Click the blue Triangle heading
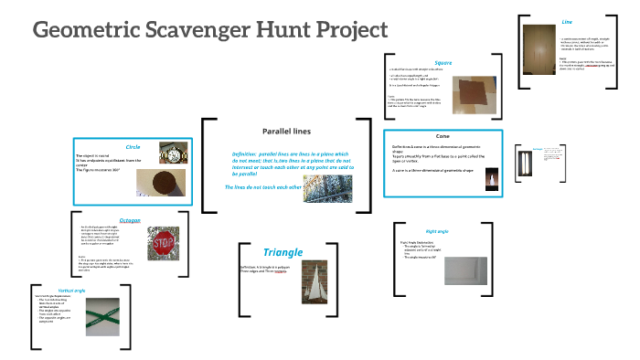click(x=283, y=251)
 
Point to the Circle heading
click(x=133, y=146)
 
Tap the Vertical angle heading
click(x=46, y=290)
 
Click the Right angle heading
click(x=437, y=232)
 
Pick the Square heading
click(x=443, y=63)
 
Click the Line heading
click(x=567, y=20)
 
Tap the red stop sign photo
click(x=164, y=246)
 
